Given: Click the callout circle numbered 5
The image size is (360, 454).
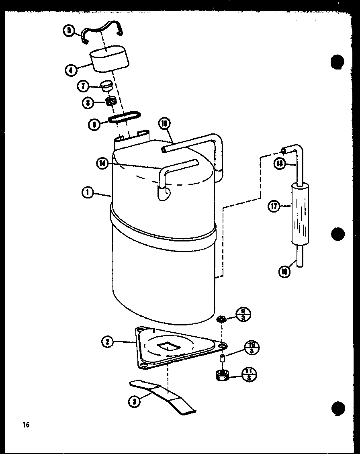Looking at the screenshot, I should click(69, 31).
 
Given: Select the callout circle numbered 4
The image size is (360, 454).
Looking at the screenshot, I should click(71, 70).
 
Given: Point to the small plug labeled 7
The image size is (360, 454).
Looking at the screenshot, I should click(106, 86).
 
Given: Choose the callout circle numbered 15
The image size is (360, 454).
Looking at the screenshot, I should click(165, 123).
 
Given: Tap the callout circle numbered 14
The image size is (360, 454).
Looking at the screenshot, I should click(102, 163).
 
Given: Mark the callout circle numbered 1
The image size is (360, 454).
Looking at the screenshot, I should click(87, 192).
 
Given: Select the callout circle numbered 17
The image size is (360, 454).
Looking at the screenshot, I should click(274, 207).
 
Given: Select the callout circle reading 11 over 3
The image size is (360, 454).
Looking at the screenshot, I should click(250, 375).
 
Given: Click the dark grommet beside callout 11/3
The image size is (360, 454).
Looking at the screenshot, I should click(221, 376).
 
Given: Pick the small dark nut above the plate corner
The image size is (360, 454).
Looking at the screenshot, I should click(221, 319).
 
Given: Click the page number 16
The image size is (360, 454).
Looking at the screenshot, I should click(27, 424).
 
